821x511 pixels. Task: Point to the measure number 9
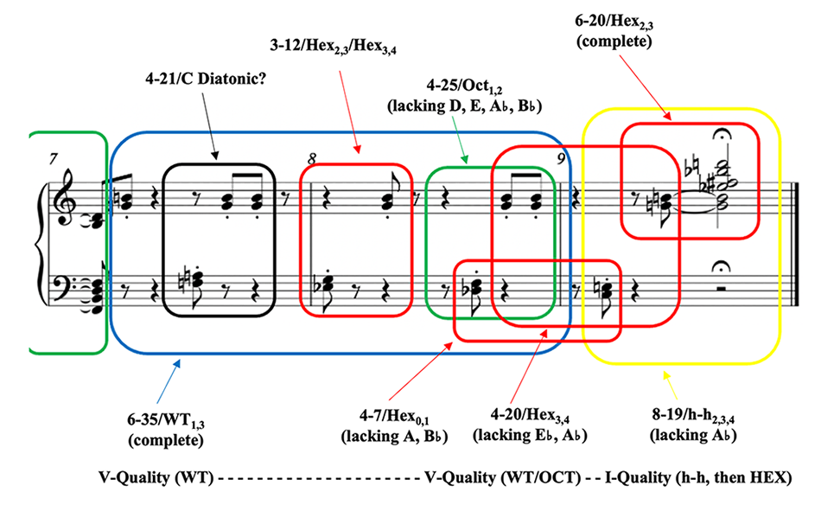(x=561, y=158)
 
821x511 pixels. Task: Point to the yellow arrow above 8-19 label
(x=670, y=380)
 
